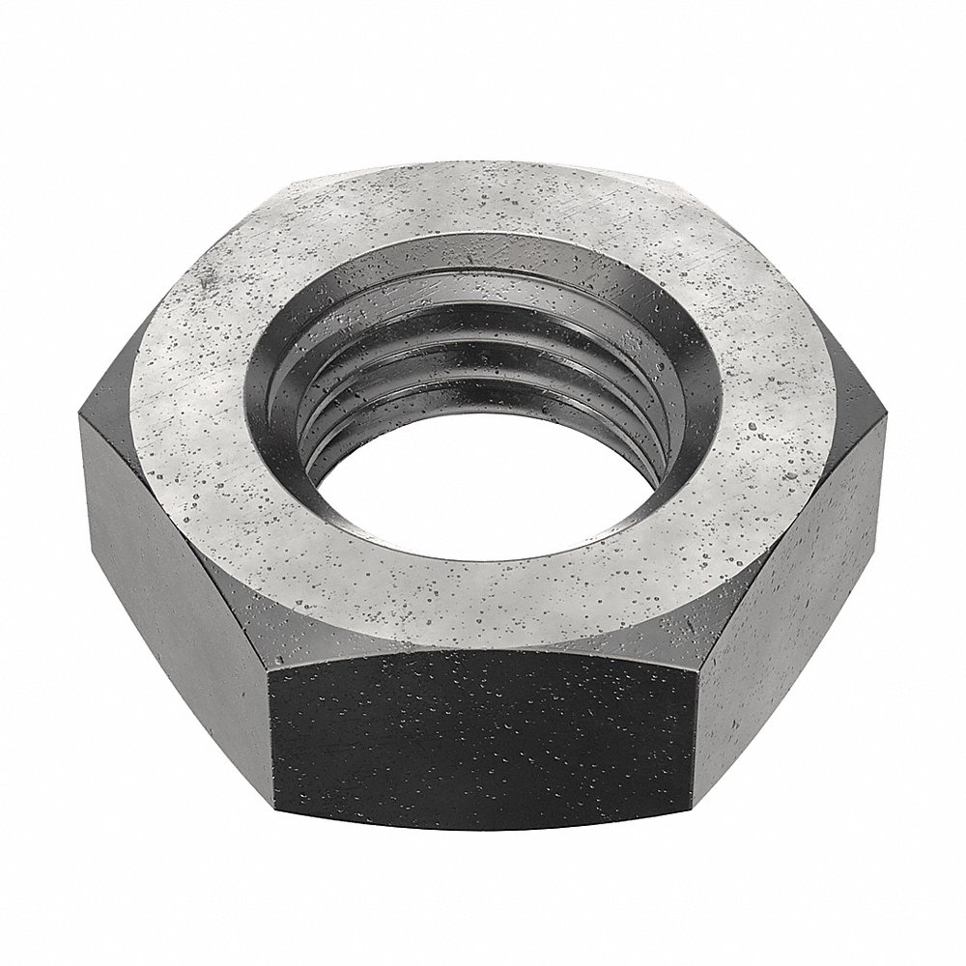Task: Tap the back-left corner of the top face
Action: point(280,180)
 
